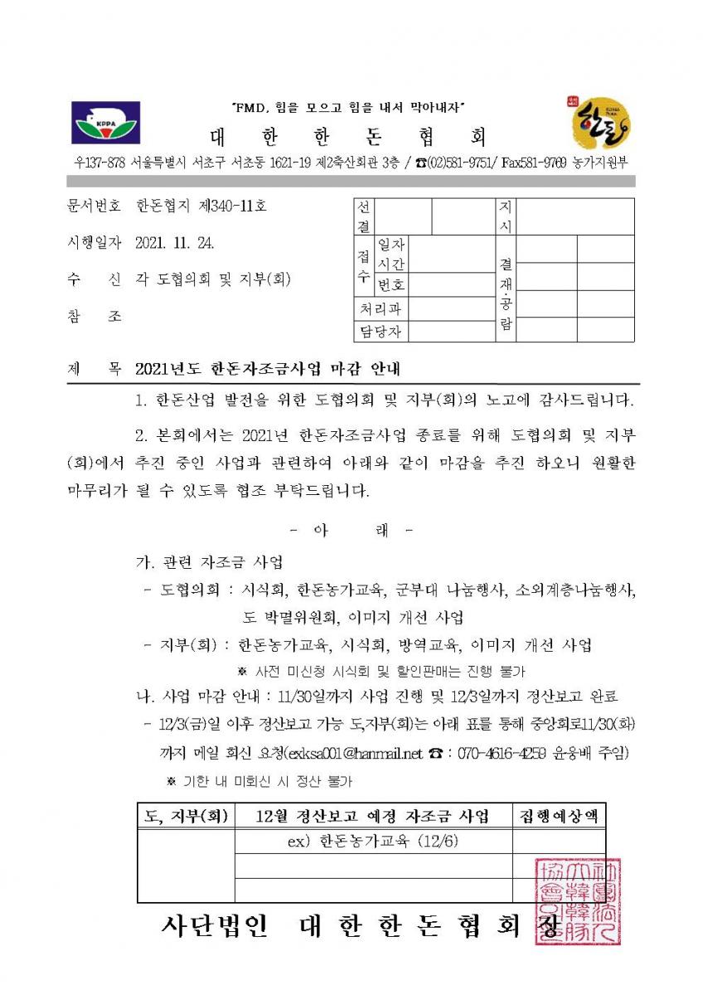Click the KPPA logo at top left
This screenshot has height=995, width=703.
(x=105, y=123)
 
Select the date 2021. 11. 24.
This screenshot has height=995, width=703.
(x=178, y=242)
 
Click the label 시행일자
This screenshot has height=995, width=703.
(x=94, y=242)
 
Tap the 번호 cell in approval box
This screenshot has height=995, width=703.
(x=391, y=284)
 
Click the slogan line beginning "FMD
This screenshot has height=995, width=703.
(x=347, y=107)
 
